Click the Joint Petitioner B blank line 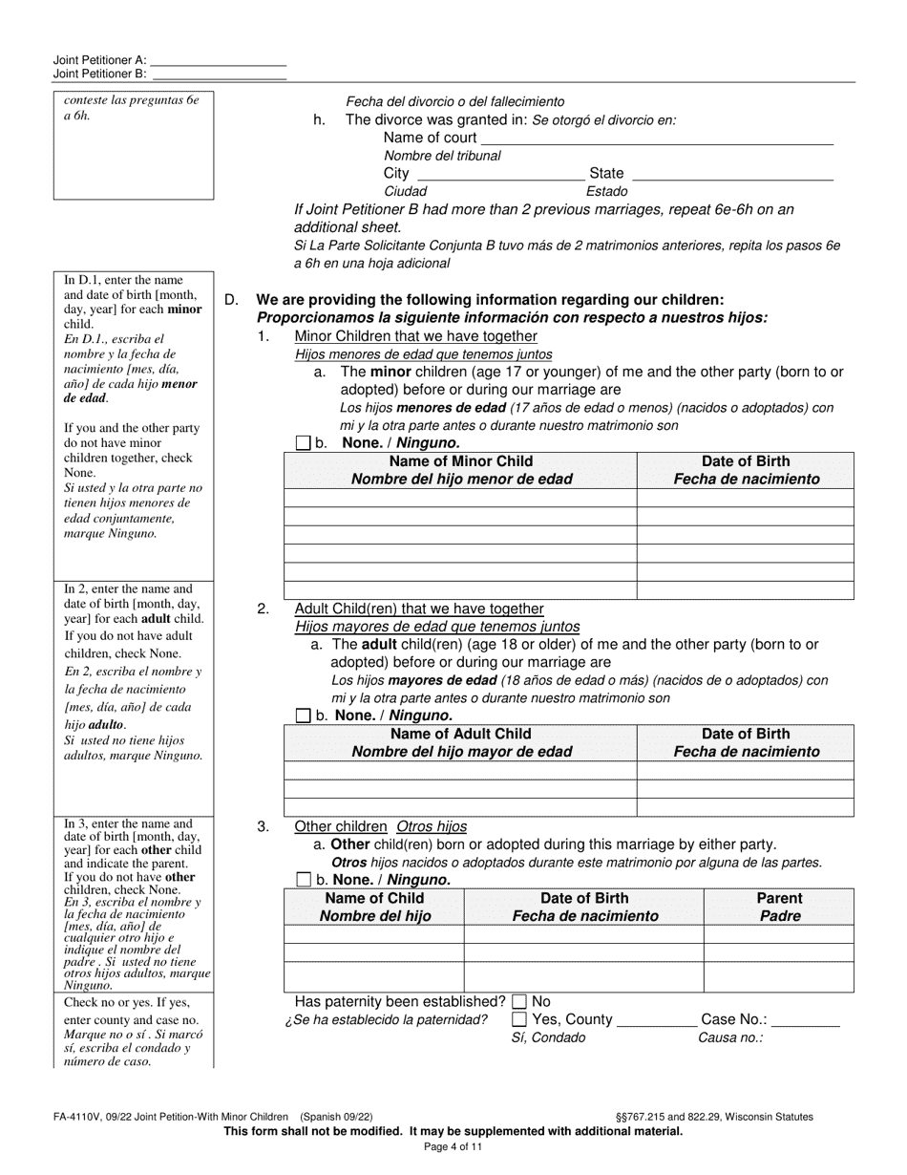point(219,74)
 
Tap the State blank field point(732,174)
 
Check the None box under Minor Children point(304,443)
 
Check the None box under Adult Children point(304,716)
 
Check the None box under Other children point(304,880)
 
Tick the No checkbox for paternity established point(519,1002)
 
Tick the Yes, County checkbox point(519,1020)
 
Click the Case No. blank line point(805,1020)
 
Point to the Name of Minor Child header point(461,470)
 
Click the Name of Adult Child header point(461,742)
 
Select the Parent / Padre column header point(779,907)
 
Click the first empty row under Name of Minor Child point(461,498)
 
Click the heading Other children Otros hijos point(380,826)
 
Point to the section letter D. point(231,300)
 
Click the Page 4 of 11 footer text point(453,1147)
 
